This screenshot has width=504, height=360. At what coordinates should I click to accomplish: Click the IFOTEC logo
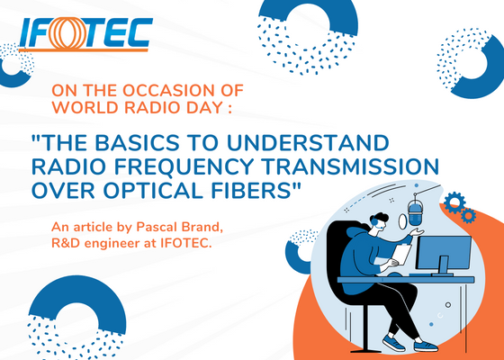85,34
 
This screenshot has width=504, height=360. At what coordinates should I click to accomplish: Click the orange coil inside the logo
68,33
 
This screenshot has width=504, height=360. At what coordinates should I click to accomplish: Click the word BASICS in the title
137,143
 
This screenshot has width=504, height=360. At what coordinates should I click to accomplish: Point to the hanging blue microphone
415,211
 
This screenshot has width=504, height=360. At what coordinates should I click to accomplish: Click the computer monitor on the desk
444,255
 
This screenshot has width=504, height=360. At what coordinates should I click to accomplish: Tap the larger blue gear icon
454,202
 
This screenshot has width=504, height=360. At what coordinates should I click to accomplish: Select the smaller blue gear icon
468,215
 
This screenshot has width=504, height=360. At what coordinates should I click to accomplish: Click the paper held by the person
402,255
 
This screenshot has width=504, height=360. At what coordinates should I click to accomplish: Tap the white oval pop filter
402,221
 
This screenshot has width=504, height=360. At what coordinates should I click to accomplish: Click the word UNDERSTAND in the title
308,143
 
